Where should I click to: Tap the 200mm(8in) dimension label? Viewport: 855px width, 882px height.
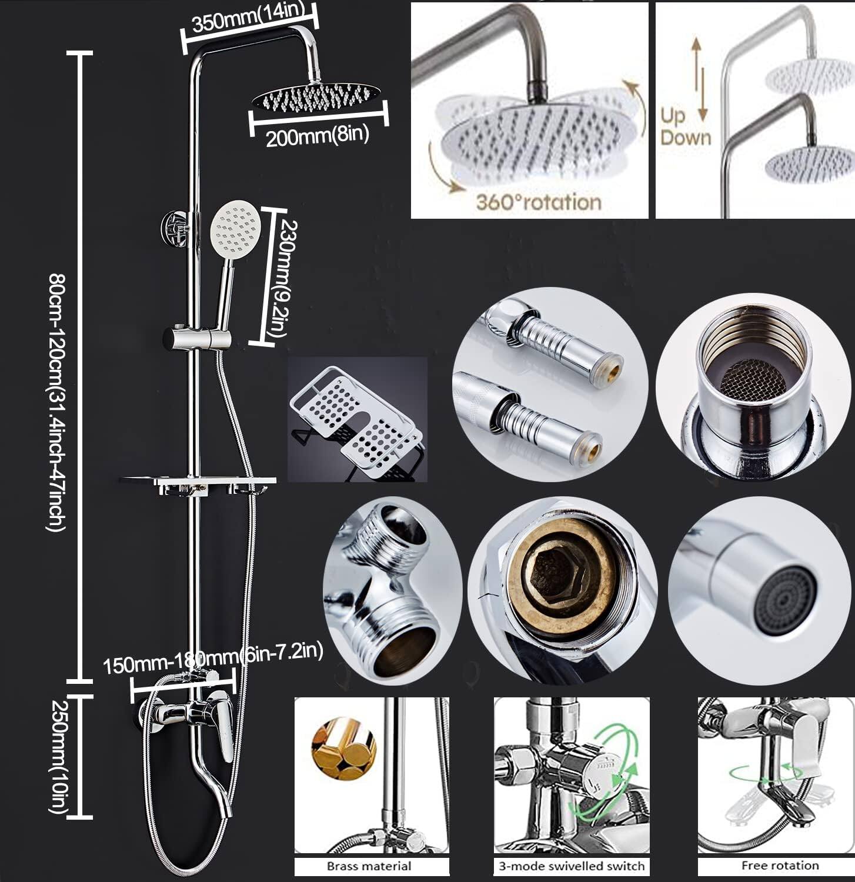(x=317, y=136)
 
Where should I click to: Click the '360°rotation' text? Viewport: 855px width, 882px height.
(x=538, y=202)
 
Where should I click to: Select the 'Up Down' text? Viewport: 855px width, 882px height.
(x=685, y=127)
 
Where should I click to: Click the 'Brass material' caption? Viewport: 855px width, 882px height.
(x=369, y=866)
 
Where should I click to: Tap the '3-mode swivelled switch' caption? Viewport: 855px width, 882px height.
(x=572, y=866)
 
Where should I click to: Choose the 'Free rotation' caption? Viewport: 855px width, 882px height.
(x=771, y=865)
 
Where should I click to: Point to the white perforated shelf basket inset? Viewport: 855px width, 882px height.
(x=357, y=417)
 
